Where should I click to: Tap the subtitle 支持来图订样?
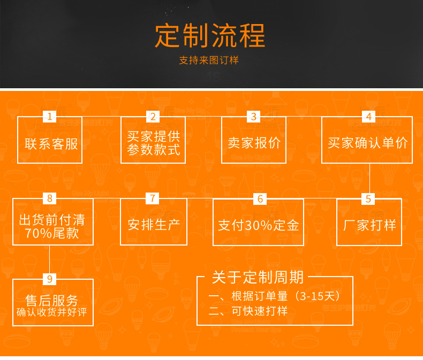coord(209,60)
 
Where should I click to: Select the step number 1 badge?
coord(50,117)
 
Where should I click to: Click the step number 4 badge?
coord(368,117)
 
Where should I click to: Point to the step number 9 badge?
coord(50,279)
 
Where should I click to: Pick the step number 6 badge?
coord(260,199)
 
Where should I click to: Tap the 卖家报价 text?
coord(254,143)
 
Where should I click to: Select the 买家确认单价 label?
coord(367,143)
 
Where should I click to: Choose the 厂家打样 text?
coord(369,225)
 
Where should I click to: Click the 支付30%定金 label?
coord(258,225)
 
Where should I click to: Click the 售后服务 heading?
coord(52,300)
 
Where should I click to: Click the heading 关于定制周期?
coord(258,277)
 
